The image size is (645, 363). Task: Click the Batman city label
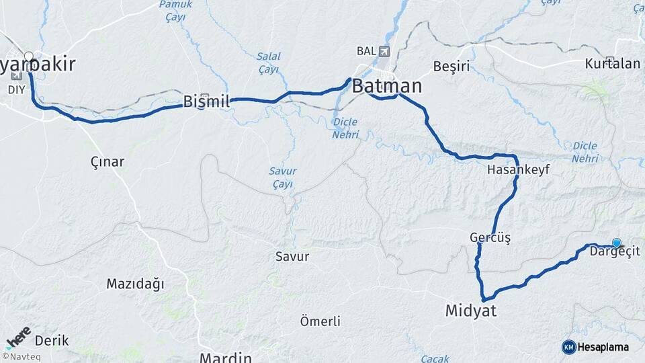point(387,86)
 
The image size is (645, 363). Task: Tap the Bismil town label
point(206,102)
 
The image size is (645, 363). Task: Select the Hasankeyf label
point(519,170)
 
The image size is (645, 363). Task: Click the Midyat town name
point(470,310)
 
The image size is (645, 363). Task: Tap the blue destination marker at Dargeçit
point(616,243)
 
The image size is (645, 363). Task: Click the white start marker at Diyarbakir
point(29,56)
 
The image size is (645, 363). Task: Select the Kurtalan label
point(612,65)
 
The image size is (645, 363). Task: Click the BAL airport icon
point(384,51)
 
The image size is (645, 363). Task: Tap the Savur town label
point(292,256)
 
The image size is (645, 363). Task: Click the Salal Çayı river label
point(269,63)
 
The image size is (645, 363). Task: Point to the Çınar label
point(107,161)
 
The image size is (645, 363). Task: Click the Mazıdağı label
point(135,284)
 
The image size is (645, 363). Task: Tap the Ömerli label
point(320,321)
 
